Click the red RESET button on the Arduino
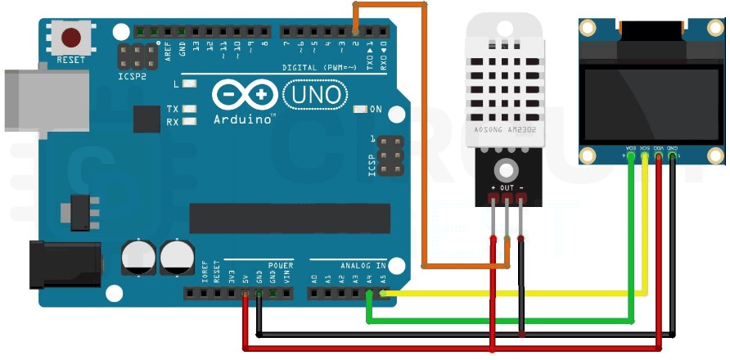tap(72, 38)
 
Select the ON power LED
tap(360, 109)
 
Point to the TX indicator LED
tap(190, 109)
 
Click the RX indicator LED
tap(190, 122)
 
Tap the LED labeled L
tap(190, 83)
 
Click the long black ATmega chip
tap(274, 218)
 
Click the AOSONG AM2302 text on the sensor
tap(505, 130)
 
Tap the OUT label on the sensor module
tap(507, 188)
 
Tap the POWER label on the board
tap(281, 265)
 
